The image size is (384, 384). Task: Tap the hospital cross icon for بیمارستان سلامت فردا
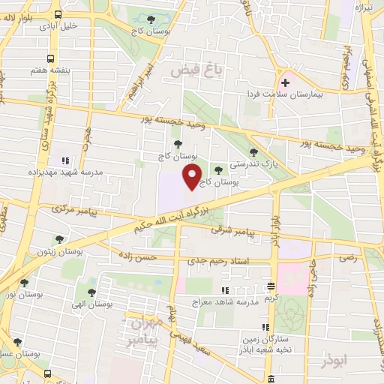285,82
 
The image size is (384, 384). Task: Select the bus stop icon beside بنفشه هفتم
50,58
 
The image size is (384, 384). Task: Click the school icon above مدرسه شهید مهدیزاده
65,160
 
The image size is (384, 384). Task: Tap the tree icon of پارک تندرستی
256,150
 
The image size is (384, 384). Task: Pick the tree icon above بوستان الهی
91,293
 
